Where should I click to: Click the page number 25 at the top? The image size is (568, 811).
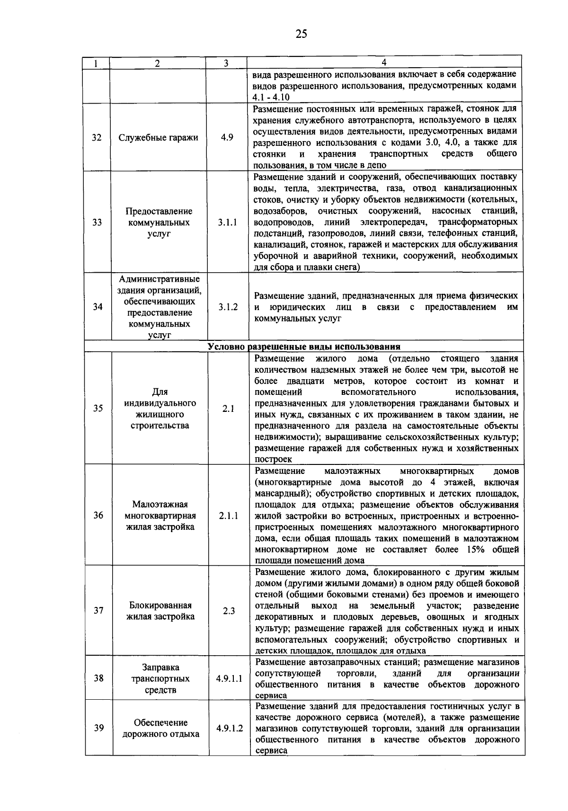(301, 34)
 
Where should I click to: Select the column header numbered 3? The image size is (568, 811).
(226, 63)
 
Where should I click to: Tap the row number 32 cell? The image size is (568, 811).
(97, 138)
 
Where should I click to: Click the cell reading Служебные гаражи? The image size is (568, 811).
(159, 138)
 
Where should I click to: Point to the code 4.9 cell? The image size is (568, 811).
(227, 138)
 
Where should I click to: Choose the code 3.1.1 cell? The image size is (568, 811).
(228, 222)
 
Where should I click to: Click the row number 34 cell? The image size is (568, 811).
(98, 307)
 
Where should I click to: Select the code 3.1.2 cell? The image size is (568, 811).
(228, 307)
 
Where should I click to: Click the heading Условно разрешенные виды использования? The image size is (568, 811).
(304, 347)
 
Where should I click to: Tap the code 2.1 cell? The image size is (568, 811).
(229, 409)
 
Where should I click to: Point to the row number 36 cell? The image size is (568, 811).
(98, 515)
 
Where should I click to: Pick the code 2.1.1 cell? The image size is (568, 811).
(229, 515)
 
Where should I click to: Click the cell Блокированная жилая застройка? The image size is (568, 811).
(160, 611)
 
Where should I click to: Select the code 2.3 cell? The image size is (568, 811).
(229, 611)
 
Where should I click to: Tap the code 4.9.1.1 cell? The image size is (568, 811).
(229, 678)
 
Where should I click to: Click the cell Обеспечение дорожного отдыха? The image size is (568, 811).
(160, 728)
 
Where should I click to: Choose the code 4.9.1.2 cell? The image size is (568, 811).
(230, 728)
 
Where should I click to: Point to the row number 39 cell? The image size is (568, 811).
(98, 728)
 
